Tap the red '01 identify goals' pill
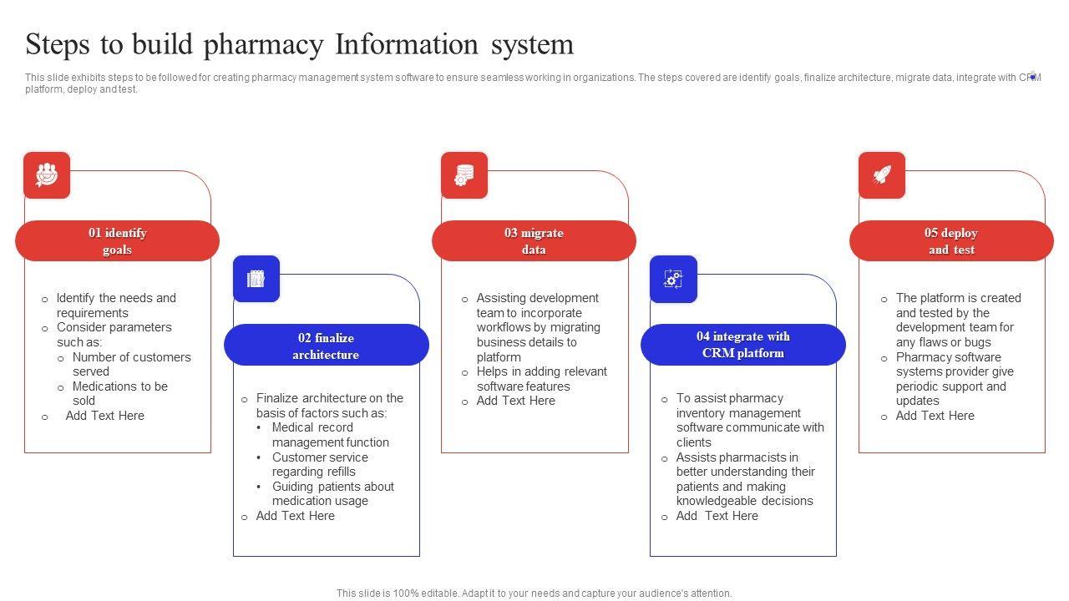pyautogui.click(x=117, y=241)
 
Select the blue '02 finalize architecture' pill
pyautogui.click(x=326, y=346)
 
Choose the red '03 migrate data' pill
pyautogui.click(x=534, y=241)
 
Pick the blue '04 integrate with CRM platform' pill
pyautogui.click(x=742, y=345)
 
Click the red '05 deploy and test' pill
pyautogui.click(x=951, y=241)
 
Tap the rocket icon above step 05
pyautogui.click(x=882, y=175)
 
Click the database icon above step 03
pyautogui.click(x=464, y=175)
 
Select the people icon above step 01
pyautogui.click(x=47, y=175)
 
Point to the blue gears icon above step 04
pyautogui.click(x=673, y=279)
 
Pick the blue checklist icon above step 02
pyautogui.click(x=256, y=279)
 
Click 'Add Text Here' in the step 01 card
pyautogui.click(x=105, y=416)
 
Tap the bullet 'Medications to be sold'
pyautogui.click(x=119, y=393)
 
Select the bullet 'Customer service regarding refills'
pyautogui.click(x=320, y=464)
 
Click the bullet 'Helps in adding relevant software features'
pyautogui.click(x=541, y=379)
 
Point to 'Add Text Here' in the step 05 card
pyautogui.click(x=935, y=416)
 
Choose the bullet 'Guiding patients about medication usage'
pyautogui.click(x=332, y=493)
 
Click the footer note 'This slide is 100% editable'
pyautogui.click(x=534, y=593)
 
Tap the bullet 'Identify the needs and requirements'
pyautogui.click(x=116, y=306)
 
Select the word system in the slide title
pyautogui.click(x=532, y=45)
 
